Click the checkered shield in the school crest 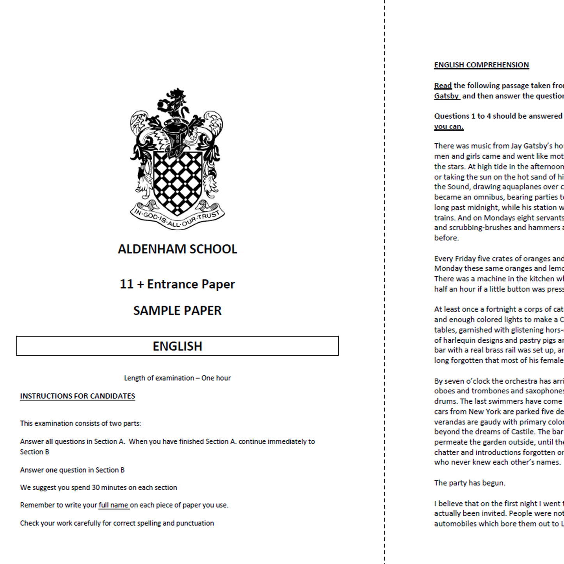point(178,181)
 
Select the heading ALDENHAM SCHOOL point(178,249)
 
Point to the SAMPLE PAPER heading point(178,311)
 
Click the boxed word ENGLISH point(178,346)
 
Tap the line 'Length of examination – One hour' point(178,378)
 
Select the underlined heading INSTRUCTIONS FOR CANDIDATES point(78,396)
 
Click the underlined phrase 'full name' point(114,505)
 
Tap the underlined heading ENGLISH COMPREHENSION point(482,65)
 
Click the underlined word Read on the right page point(443,85)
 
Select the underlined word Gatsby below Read point(447,96)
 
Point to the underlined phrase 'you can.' point(449,126)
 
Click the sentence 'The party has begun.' point(470,483)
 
